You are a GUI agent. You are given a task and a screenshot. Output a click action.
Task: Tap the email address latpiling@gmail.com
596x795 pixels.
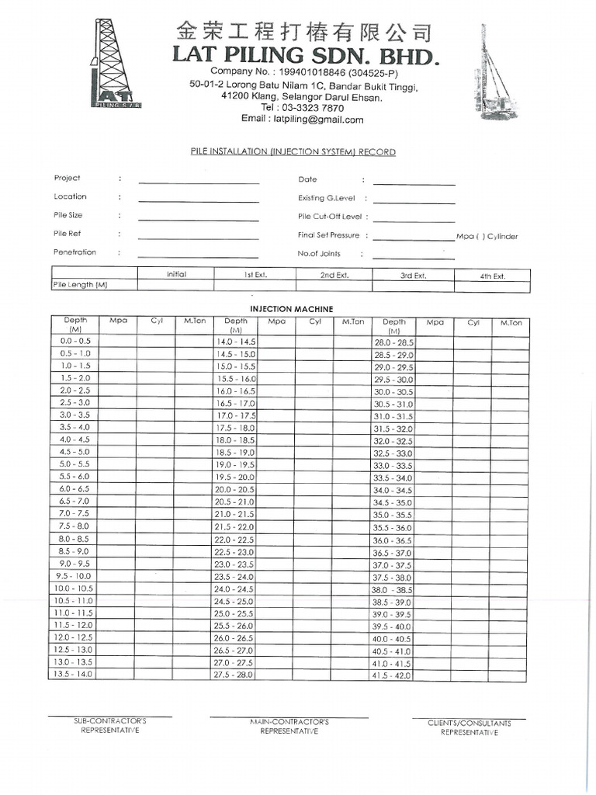tap(303, 120)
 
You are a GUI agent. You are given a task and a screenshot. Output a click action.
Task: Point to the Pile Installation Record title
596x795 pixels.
tap(293, 152)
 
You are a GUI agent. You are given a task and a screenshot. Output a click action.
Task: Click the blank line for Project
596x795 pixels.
tap(199, 183)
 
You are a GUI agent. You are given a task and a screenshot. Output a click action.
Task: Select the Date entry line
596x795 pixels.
tap(414, 185)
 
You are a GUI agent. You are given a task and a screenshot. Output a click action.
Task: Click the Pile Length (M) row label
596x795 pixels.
tap(80, 286)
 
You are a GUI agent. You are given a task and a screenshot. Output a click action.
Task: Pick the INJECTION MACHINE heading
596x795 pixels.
tap(291, 309)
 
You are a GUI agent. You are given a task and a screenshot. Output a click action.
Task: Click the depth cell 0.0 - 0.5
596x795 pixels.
tap(75, 341)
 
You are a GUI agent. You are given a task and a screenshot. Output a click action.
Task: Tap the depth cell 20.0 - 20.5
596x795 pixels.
tap(234, 489)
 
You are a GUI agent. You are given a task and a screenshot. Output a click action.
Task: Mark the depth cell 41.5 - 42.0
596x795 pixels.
tap(393, 676)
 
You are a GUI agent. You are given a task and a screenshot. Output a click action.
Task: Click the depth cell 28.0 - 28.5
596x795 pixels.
tap(393, 342)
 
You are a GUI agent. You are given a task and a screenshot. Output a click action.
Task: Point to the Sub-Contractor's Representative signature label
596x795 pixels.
tap(109, 726)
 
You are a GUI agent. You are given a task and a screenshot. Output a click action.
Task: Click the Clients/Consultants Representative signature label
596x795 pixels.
tap(469, 728)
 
